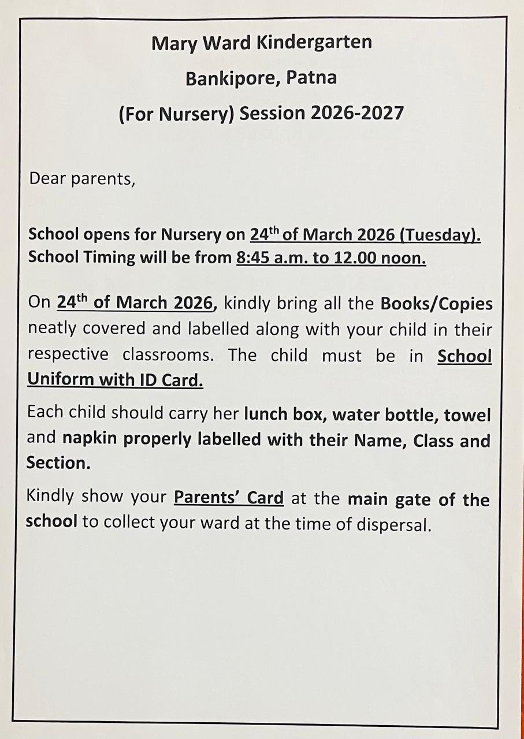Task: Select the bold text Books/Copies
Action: tap(436, 303)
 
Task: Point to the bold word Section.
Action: tap(58, 463)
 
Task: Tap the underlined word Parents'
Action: tap(205, 498)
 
